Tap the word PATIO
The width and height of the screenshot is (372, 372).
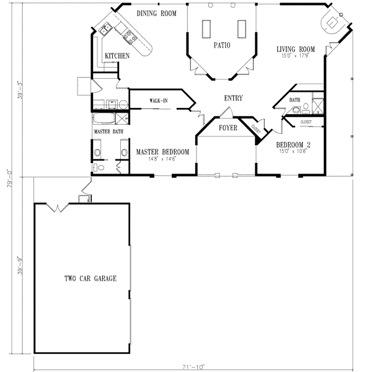(x=223, y=45)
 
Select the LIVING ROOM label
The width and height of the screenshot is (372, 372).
(x=296, y=49)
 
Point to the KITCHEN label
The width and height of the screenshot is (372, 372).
(x=117, y=56)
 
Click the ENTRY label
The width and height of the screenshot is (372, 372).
(x=233, y=98)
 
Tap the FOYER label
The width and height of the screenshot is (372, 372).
(x=228, y=128)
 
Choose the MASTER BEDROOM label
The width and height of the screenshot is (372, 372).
(x=162, y=152)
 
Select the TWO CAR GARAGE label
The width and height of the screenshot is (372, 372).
(x=90, y=279)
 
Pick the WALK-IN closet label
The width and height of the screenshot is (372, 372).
(x=158, y=100)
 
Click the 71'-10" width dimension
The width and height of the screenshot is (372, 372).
(x=201, y=366)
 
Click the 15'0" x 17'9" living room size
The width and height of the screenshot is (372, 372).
(x=295, y=56)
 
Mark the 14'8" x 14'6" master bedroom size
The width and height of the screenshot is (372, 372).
(x=162, y=159)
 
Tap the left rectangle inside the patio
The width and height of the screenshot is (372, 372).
(x=206, y=28)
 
